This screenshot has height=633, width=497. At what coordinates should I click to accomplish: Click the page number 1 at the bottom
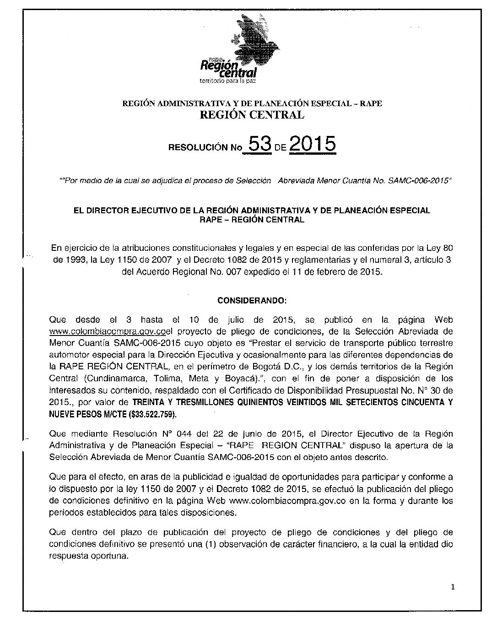tap(452, 588)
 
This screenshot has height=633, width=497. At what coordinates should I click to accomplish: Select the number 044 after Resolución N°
tap(165, 433)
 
